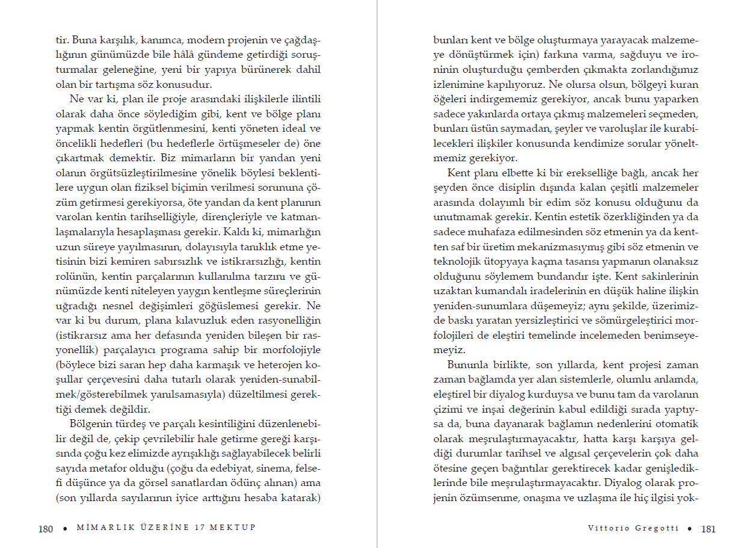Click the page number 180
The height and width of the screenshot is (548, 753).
[x=45, y=529]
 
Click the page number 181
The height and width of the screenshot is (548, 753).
[x=708, y=529]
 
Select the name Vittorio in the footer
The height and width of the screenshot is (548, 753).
[x=607, y=528]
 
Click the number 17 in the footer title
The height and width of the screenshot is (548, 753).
[x=201, y=528]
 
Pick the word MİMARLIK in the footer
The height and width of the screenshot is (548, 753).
[x=99, y=528]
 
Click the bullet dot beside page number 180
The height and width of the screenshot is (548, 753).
[x=65, y=529]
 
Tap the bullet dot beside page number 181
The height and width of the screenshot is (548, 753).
[x=689, y=529]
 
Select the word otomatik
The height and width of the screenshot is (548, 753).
[x=676, y=423]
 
